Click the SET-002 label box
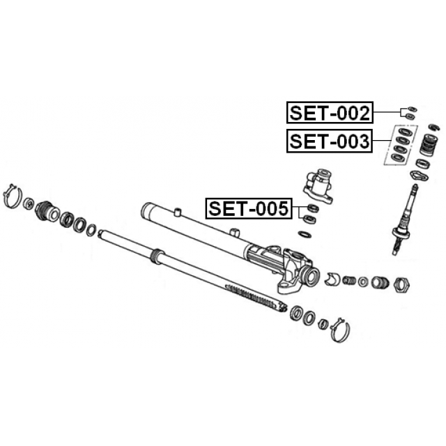pos(330,112)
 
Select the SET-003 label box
pos(330,141)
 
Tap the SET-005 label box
pos(249,208)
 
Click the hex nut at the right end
pos(401,284)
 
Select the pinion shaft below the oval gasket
pos(404,220)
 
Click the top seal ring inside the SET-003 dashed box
pos(403,132)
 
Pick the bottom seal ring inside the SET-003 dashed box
pos(397,157)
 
